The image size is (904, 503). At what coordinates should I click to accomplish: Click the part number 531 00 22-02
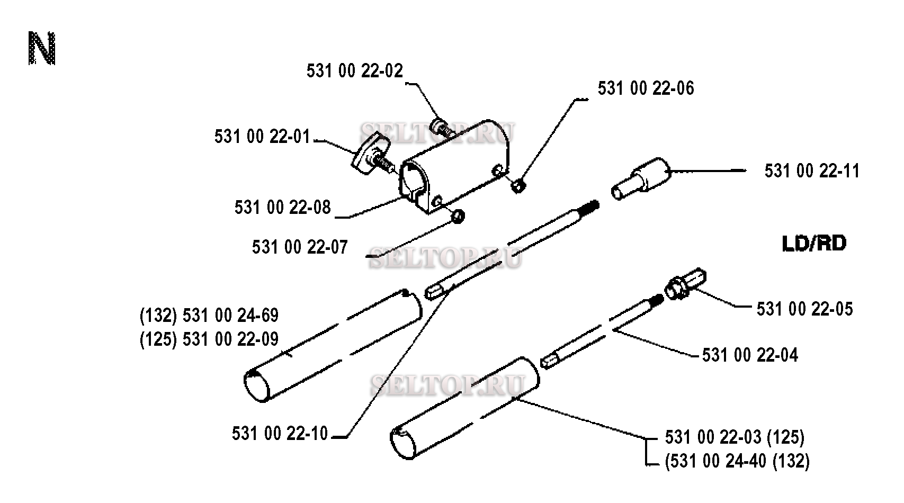355,71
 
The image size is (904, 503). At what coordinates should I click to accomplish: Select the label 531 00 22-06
646,88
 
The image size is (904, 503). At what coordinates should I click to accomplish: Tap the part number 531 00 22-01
262,137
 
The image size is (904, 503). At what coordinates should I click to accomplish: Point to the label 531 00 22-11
812,171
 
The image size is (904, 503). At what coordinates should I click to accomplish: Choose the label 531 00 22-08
282,208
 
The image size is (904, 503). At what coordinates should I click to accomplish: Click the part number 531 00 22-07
300,247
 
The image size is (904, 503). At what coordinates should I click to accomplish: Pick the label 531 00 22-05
805,309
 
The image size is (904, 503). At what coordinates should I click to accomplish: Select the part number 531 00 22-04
750,355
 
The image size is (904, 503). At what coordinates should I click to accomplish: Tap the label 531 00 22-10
280,434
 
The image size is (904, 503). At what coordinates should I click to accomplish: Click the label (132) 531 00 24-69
209,316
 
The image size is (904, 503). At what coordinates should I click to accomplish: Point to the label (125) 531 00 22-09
209,339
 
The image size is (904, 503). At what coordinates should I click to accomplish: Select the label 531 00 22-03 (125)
735,437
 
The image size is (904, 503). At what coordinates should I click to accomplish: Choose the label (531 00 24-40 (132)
737,461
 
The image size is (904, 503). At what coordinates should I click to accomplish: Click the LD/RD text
814,244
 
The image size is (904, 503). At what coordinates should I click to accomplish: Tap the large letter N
42,48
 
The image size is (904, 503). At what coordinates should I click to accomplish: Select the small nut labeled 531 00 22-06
518,186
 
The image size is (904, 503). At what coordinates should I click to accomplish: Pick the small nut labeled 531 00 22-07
458,217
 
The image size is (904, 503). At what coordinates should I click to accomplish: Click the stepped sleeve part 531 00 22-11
640,178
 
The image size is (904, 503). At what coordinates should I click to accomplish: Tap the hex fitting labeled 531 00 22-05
685,284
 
